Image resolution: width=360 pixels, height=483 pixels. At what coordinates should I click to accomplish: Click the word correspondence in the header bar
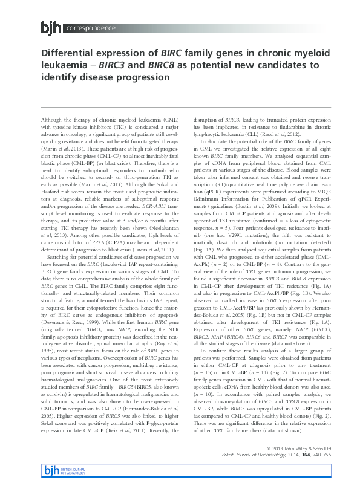click(x=91, y=28)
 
